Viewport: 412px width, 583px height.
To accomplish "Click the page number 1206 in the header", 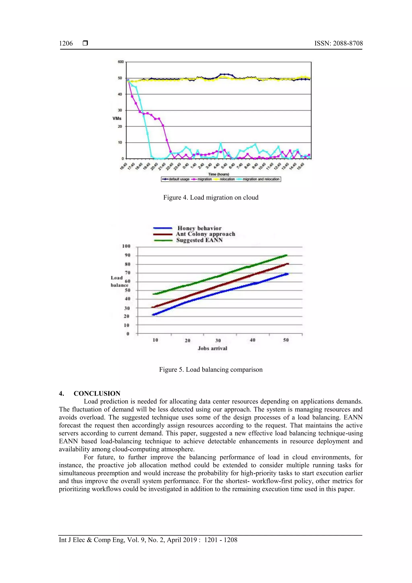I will pos(66,43).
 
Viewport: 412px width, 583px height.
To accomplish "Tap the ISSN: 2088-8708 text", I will pos(338,43).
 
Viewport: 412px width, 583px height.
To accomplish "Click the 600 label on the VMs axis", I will pos(121,62).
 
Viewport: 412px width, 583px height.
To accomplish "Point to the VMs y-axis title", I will pos(117,119).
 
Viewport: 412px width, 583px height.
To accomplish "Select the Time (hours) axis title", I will pos(218,174).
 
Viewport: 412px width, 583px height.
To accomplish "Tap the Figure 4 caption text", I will pos(211,198).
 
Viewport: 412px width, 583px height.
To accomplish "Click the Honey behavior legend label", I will pos(199,228).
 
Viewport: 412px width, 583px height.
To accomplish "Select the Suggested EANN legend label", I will pos(199,240).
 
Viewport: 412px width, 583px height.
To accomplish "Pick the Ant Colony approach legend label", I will pos(205,234).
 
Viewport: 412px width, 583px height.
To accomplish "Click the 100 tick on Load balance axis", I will pos(126,246).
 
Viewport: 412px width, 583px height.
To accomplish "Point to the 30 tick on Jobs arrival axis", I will pos(218,340).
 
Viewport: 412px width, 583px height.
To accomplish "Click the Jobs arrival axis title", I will pos(212,348).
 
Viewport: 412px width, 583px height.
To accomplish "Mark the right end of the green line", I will pos(286,255).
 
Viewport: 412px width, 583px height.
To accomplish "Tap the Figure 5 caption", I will pos(211,369).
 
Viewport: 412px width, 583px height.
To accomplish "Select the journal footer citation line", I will pos(148,540).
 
